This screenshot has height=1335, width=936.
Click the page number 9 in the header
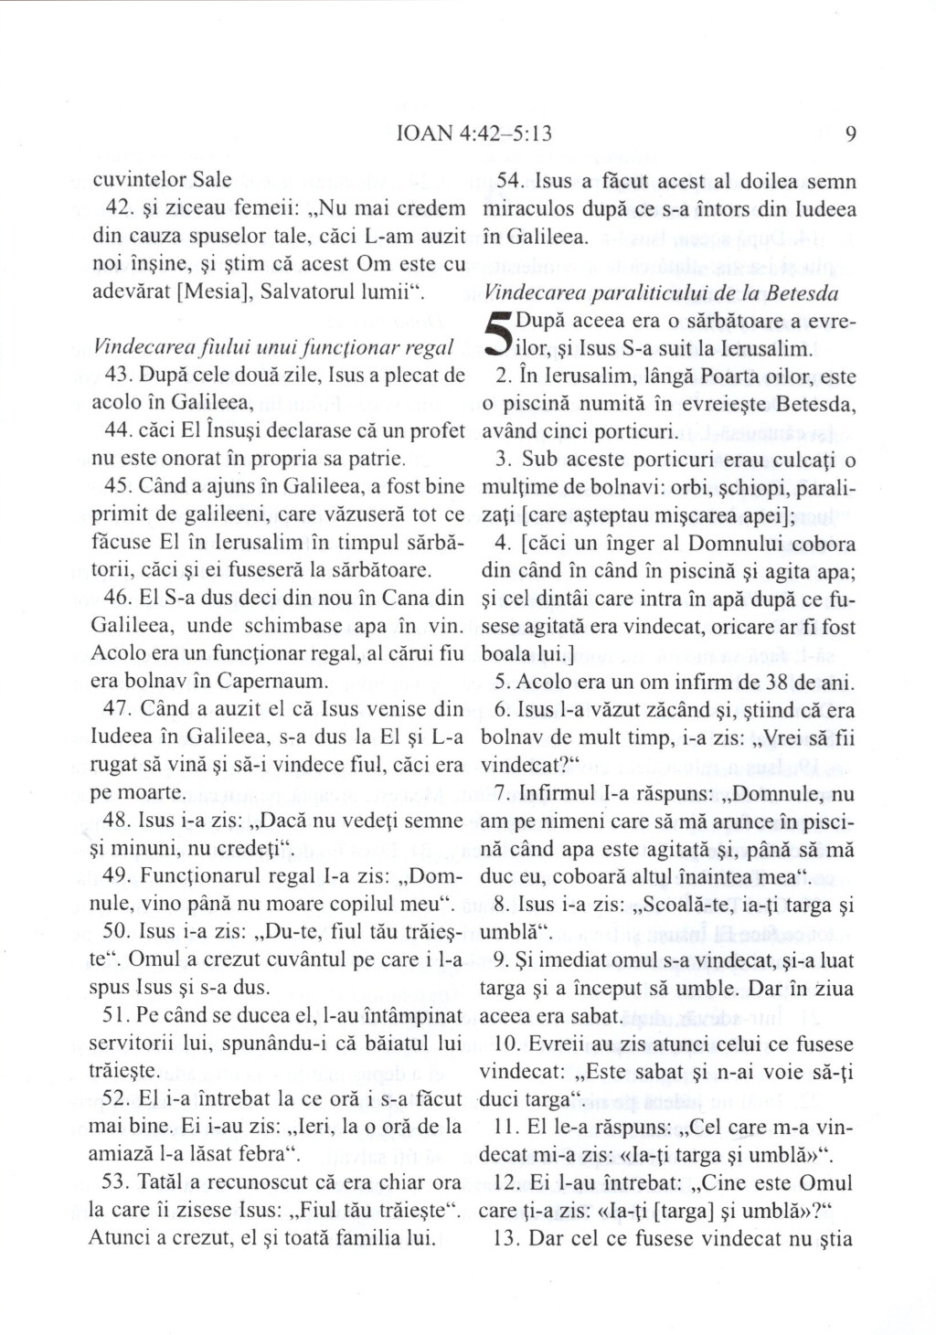point(850,134)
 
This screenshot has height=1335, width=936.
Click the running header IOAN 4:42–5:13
point(470,134)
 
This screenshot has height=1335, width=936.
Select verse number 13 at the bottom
point(506,1239)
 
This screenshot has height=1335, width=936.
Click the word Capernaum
point(277,681)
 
